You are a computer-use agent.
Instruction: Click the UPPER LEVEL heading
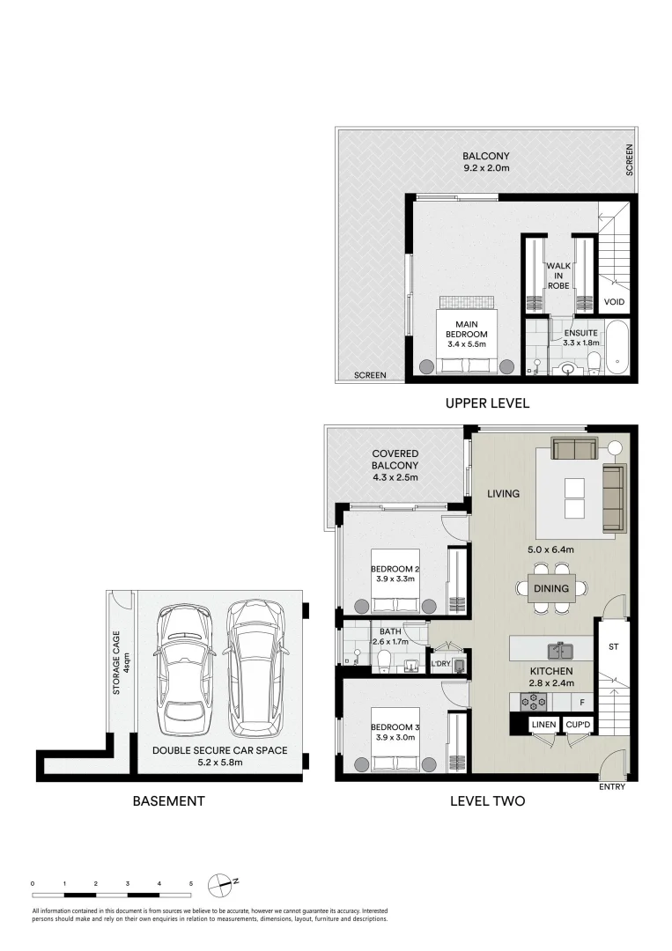[x=486, y=403]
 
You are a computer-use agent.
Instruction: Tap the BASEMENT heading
[x=168, y=801]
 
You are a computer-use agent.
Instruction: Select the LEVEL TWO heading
[x=487, y=801]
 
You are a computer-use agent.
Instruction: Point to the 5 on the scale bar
[x=191, y=881]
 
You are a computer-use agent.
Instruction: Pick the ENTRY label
[x=611, y=786]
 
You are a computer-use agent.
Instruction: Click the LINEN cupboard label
[x=542, y=725]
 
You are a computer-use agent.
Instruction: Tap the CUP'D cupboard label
[x=578, y=725]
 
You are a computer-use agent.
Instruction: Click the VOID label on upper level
[x=614, y=302]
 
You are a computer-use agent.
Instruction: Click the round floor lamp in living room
[x=614, y=448]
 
